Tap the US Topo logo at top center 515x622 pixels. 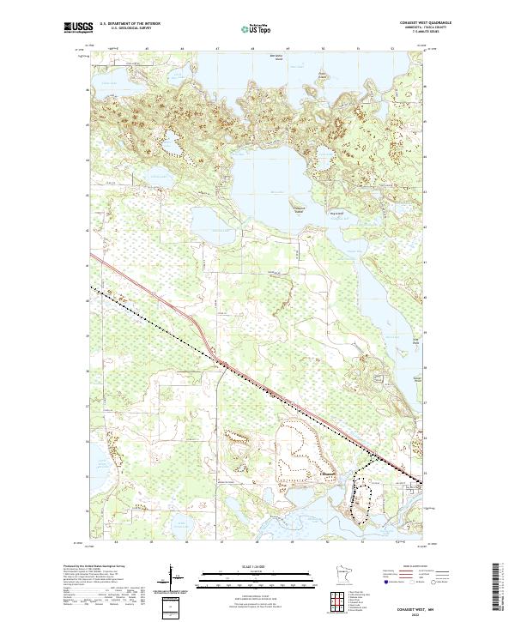coord(257,28)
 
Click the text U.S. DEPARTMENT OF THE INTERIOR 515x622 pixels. coord(130,24)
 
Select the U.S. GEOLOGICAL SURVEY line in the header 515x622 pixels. coord(124,29)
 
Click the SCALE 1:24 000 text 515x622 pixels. coord(257,565)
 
